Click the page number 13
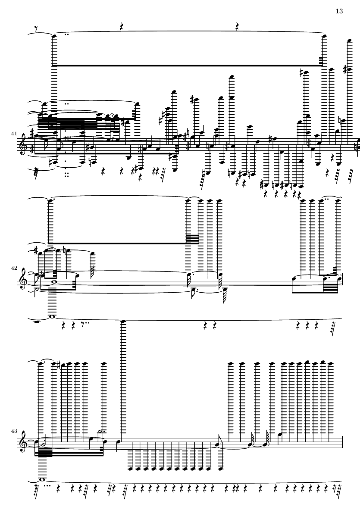click(339, 11)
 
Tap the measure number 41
click(14, 134)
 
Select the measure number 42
click(14, 268)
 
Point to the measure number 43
click(14, 431)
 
